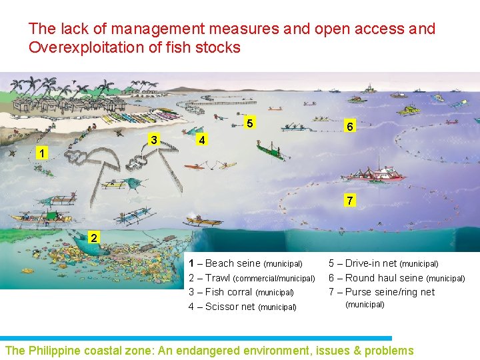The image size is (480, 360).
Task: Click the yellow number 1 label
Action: (42, 153)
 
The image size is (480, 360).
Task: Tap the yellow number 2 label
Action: (95, 239)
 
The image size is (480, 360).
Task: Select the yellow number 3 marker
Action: (154, 140)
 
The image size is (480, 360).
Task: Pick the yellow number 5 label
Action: (249, 124)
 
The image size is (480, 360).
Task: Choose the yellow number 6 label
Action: (349, 126)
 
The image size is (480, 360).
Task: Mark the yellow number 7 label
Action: (349, 200)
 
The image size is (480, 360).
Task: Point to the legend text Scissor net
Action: (229, 307)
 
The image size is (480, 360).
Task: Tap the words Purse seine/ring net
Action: (389, 292)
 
